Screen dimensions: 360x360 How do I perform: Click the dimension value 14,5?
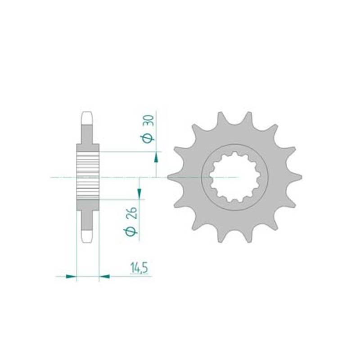139,268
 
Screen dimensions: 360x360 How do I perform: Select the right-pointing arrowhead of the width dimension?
71,276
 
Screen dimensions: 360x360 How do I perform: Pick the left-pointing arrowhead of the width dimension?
104,276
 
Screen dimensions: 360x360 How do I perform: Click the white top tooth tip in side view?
87,118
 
